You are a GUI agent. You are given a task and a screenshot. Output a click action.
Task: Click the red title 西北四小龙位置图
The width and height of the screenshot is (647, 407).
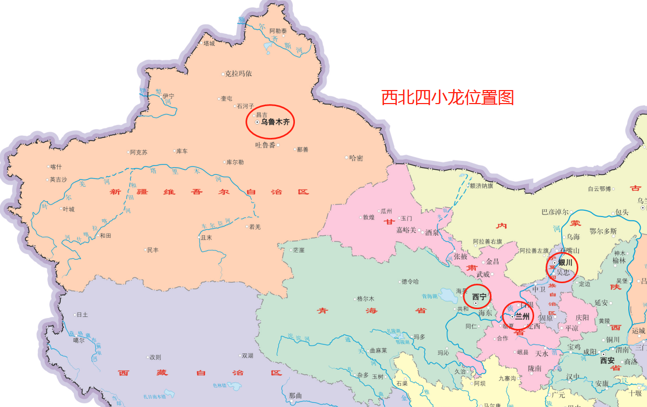(x=447, y=97)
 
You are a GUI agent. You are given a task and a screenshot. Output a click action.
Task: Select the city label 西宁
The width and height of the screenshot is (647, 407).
(x=479, y=297)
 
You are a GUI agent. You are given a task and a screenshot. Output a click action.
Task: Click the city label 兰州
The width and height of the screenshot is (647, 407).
(x=522, y=316)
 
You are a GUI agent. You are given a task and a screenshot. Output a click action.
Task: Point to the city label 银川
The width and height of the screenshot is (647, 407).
(x=565, y=263)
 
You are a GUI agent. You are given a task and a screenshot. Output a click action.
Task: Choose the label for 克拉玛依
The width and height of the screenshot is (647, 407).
(x=238, y=74)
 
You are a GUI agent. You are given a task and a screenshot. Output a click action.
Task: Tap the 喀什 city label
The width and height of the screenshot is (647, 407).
(x=56, y=167)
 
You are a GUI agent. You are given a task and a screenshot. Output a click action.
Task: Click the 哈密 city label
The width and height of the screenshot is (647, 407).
(x=356, y=158)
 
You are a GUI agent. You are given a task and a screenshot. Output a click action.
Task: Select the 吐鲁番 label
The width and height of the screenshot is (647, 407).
(x=265, y=145)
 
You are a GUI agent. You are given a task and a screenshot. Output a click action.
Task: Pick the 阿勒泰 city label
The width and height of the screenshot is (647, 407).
(x=278, y=31)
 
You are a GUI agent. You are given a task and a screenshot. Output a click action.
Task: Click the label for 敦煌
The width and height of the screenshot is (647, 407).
(x=368, y=218)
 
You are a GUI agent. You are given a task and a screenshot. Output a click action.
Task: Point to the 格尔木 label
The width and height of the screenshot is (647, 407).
(x=365, y=299)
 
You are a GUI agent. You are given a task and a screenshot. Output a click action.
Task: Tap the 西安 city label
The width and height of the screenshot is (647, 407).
(x=607, y=360)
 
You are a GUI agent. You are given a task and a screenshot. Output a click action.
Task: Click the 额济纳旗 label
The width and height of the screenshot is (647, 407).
(x=481, y=186)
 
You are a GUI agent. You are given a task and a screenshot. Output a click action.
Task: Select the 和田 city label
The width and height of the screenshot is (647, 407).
(x=105, y=235)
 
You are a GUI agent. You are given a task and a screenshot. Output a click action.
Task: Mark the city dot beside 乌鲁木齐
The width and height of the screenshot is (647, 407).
(x=257, y=122)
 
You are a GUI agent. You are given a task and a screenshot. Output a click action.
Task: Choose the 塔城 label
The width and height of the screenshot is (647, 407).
(x=209, y=44)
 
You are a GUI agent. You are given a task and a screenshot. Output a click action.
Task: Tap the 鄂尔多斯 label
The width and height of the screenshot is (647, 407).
(x=603, y=231)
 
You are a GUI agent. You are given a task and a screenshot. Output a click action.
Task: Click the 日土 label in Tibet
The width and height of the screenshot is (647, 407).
(x=82, y=314)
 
